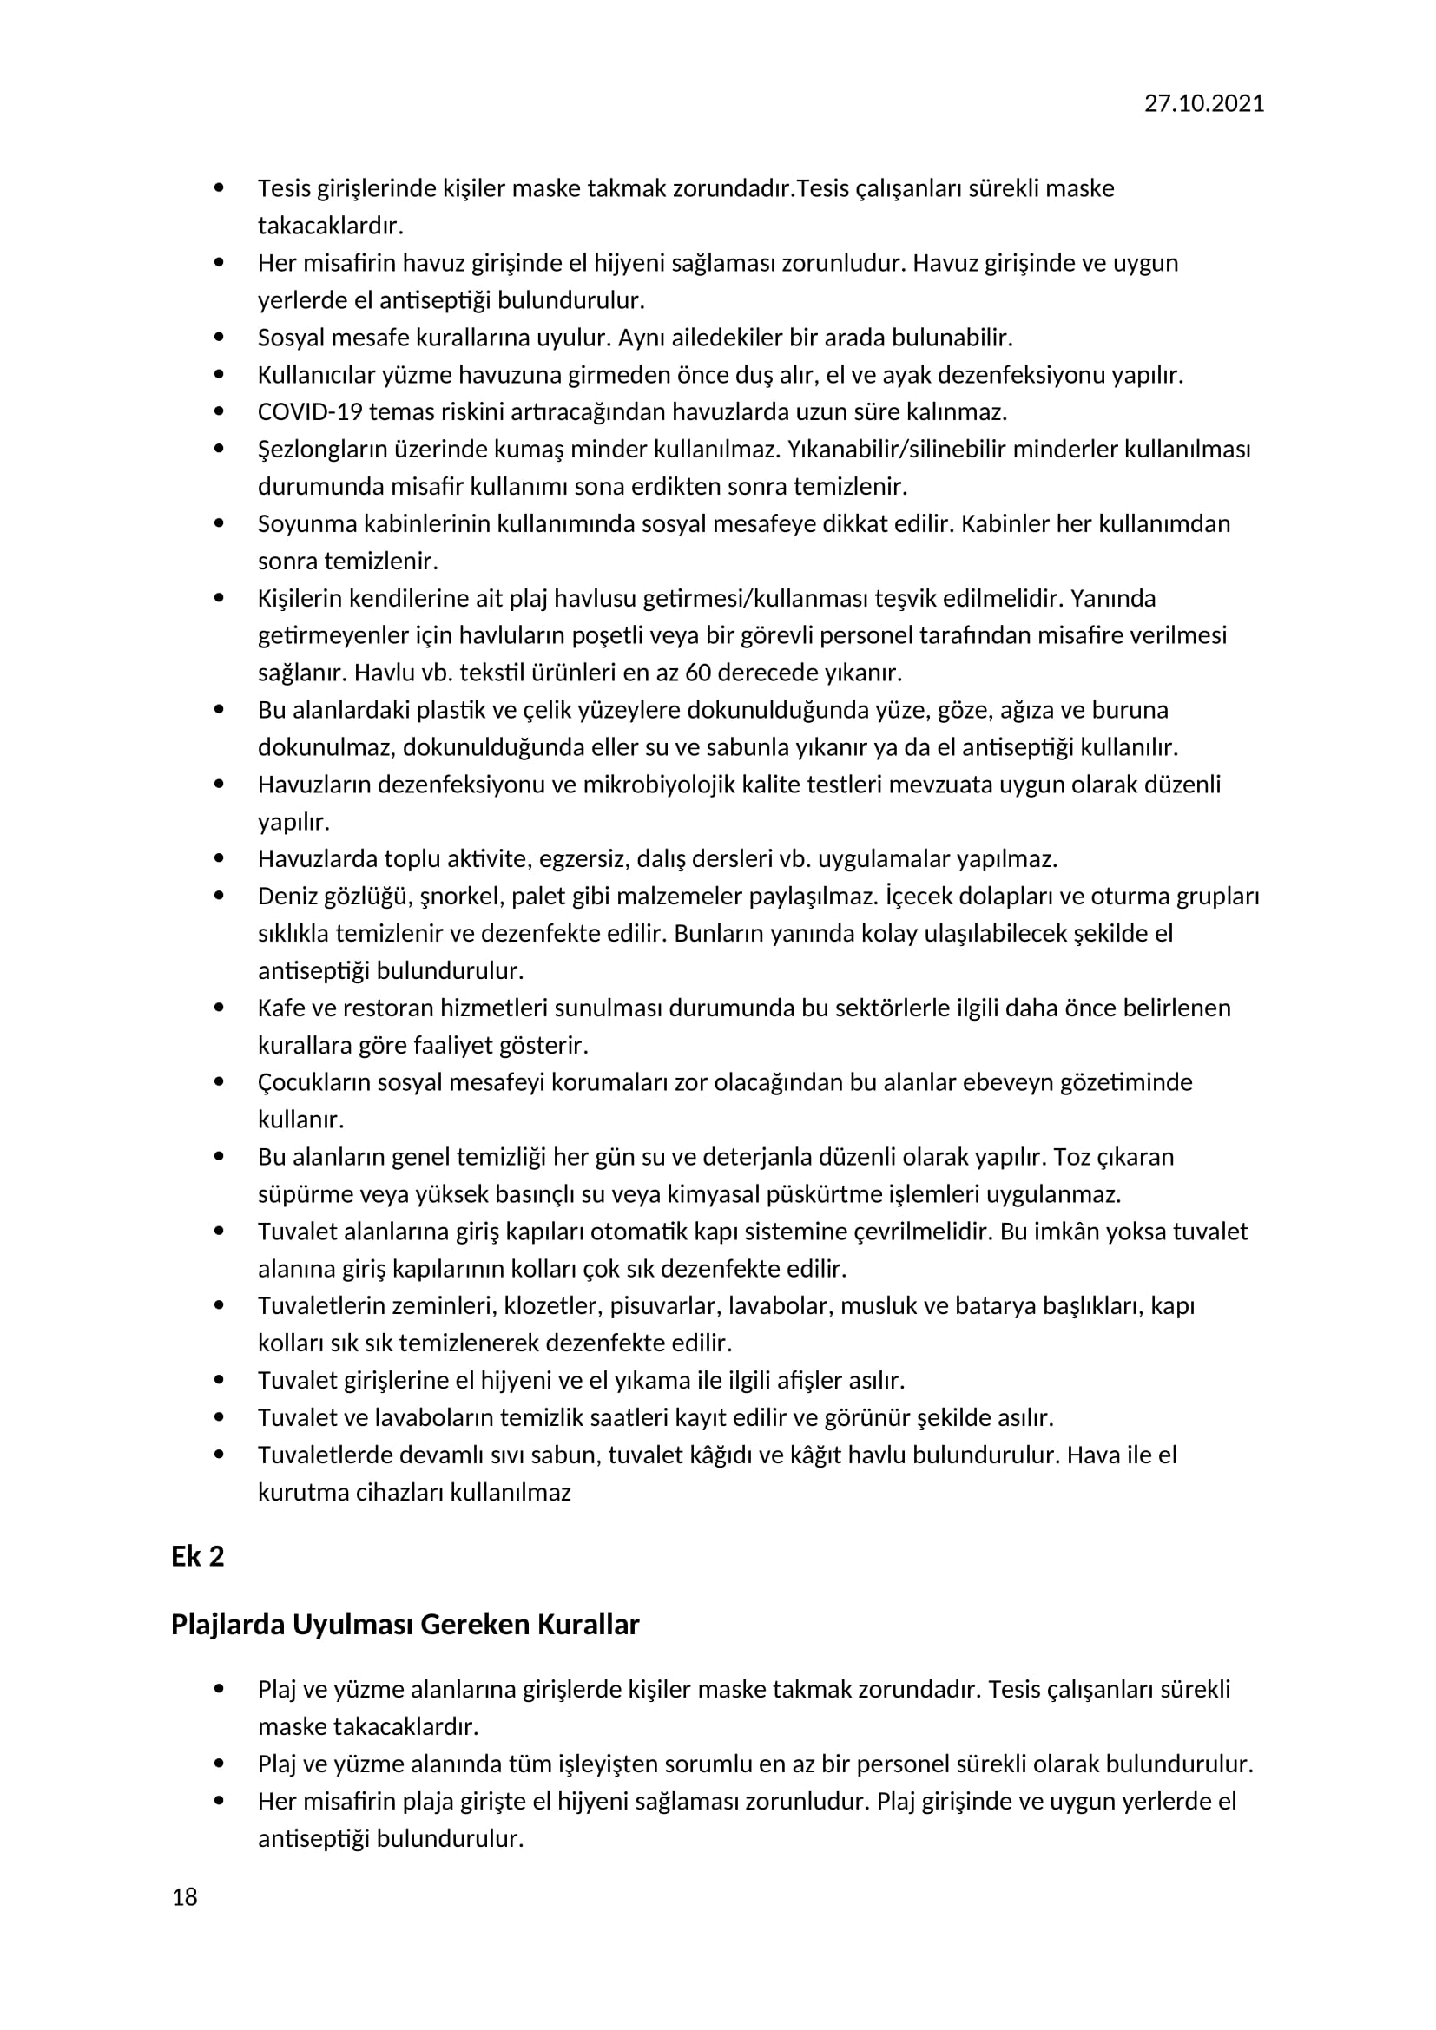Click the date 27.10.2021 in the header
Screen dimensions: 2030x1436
pos(1203,103)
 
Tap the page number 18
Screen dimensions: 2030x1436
pos(185,1896)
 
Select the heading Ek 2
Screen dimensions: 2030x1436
pos(197,1556)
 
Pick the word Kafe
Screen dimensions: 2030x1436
pos(280,1008)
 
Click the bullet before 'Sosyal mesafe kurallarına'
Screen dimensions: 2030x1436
pos(220,338)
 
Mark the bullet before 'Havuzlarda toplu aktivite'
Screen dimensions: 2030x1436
pos(220,858)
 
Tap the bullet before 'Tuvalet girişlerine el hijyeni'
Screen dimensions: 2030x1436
pos(220,1380)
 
